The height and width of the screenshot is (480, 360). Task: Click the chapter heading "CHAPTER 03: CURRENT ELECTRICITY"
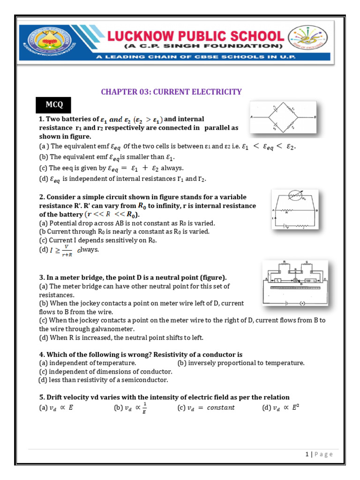coord(171,91)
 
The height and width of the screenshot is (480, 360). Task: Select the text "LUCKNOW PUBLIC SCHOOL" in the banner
coord(204,36)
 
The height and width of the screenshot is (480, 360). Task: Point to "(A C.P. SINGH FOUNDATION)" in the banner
coord(203,46)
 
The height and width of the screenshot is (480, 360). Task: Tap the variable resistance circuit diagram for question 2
coord(294,210)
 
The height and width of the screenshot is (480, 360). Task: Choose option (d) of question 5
coord(280,407)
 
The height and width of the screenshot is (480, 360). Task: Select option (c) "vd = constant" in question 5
coord(206,407)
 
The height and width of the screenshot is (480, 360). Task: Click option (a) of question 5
coord(56,407)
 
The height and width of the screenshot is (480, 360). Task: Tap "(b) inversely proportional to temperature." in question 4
coord(241,363)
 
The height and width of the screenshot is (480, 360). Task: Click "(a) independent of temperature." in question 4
coord(88,363)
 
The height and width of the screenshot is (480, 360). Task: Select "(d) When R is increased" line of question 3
coord(121,337)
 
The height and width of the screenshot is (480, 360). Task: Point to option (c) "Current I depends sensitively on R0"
coord(98,240)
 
